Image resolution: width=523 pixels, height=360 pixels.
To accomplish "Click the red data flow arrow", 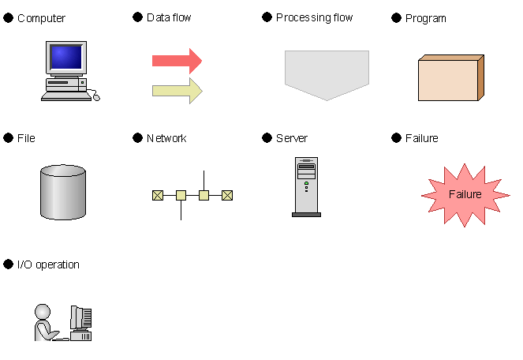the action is click(177, 61).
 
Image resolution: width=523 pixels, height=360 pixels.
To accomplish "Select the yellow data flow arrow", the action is click(177, 91).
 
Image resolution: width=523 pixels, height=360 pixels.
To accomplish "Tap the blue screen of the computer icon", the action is click(66, 57).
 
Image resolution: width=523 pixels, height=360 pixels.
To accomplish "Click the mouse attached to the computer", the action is click(96, 97).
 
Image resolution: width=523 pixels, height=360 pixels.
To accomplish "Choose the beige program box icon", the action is click(451, 77).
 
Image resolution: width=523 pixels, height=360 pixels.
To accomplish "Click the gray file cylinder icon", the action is click(63, 193).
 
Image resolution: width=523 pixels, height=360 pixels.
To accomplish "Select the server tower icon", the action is click(307, 187).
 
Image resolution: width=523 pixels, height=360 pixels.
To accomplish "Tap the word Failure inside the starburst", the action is click(465, 194).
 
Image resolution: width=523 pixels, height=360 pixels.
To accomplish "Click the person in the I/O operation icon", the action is click(45, 323).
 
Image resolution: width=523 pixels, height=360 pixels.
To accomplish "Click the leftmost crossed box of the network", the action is click(158, 195).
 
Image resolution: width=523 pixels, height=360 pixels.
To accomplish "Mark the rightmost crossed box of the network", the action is click(227, 195).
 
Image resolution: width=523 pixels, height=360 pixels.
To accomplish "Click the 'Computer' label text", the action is click(41, 18).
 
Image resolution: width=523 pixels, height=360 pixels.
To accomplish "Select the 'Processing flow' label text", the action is click(314, 17).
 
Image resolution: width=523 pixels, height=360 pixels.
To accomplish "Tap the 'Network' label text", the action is click(166, 138).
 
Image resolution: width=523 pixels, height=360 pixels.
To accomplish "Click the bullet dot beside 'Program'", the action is click(396, 17).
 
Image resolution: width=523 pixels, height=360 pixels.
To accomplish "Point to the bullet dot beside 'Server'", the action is click(267, 137).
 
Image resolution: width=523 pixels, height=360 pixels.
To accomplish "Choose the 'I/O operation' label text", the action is click(48, 264).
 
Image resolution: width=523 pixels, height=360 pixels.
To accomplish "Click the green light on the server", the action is click(306, 183).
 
